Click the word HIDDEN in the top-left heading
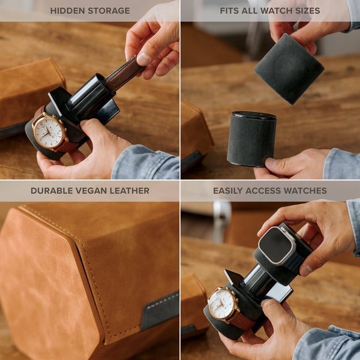pos(67,11)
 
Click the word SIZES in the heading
pos(307,11)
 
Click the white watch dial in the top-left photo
pos(49,131)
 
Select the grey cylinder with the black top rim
pos(251,139)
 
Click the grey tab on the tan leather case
pos(160,311)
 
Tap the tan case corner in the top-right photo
pos(195,135)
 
